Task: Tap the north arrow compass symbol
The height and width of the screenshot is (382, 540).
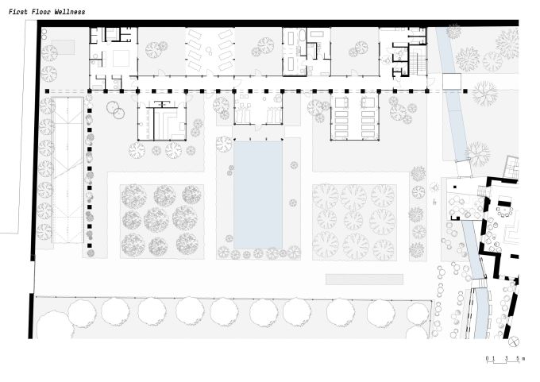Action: tap(514, 341)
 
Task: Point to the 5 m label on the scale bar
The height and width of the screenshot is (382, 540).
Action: tap(520, 359)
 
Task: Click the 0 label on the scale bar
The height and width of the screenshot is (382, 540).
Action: tap(488, 359)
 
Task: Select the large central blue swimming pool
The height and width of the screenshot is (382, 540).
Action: tap(258, 195)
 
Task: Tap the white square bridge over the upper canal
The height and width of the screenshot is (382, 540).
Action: tap(452, 82)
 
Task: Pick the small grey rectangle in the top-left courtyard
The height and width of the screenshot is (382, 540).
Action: tap(64, 47)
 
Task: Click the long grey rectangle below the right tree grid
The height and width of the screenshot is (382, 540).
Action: tap(364, 280)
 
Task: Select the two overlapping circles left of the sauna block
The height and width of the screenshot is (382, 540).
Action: tap(116, 110)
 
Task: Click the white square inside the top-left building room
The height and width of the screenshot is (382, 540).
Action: tap(121, 59)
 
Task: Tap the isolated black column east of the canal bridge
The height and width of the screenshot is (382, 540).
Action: tap(465, 91)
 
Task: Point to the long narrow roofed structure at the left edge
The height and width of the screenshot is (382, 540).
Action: tap(67, 170)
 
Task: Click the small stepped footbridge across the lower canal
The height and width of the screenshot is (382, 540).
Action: tap(479, 284)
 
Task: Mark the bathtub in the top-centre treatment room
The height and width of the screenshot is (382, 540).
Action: tap(302, 36)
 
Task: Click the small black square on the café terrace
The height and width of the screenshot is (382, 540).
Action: tap(454, 187)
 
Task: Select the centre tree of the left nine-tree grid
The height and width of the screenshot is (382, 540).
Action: tap(156, 220)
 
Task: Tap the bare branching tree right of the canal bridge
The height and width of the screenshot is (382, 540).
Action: tap(485, 93)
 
